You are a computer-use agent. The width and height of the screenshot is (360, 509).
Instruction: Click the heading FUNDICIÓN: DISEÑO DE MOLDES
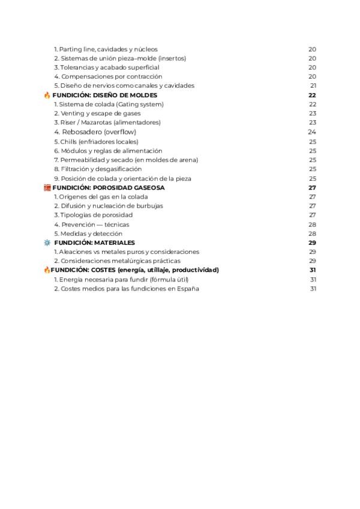[x=105, y=95]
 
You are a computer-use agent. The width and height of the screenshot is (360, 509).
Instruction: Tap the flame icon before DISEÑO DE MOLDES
[x=47, y=95]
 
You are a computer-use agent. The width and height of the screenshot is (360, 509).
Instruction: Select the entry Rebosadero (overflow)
[x=95, y=131]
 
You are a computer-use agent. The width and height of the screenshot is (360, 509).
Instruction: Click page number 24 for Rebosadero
[x=312, y=131]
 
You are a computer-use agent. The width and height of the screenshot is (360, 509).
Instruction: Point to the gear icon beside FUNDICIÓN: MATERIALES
[x=47, y=242]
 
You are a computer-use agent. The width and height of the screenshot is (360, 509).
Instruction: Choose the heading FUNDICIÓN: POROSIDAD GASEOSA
[x=108, y=187]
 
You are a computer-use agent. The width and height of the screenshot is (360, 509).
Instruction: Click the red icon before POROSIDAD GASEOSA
[x=47, y=187]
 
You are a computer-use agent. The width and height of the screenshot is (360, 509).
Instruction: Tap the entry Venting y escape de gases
[x=97, y=113]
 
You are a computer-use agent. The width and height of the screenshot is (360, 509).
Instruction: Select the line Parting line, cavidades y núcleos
[x=106, y=49]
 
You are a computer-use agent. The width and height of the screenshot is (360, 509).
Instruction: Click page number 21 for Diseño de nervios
[x=313, y=85]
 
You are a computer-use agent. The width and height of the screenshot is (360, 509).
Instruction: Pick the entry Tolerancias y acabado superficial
[x=106, y=67]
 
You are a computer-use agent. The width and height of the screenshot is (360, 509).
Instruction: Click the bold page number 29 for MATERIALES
[x=312, y=242]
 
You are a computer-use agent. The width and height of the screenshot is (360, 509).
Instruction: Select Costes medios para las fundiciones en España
[x=127, y=288]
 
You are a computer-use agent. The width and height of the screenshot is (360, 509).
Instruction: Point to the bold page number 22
[x=312, y=95]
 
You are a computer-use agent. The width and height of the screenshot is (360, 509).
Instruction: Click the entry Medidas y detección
[x=88, y=233]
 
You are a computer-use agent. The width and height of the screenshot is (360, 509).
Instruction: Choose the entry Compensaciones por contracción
[x=108, y=76]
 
